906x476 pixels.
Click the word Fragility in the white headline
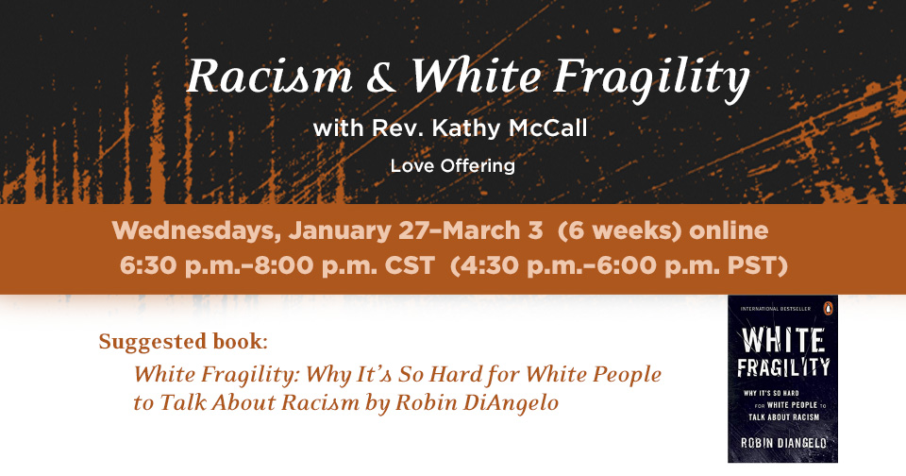click(x=651, y=78)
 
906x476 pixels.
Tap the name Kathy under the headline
click(x=466, y=127)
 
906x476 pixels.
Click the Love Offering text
click(x=452, y=166)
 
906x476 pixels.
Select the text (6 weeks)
click(x=620, y=230)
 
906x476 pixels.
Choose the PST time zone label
click(x=757, y=266)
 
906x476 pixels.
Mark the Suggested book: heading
click(x=183, y=342)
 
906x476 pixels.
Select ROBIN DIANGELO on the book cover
click(x=783, y=443)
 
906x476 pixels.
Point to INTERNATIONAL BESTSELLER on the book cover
click(x=775, y=309)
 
